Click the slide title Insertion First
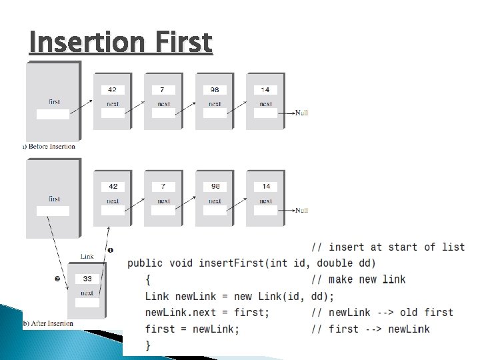(x=121, y=42)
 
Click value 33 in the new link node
(x=87, y=279)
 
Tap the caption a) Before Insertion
(x=49, y=146)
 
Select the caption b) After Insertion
(x=48, y=323)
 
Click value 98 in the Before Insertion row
(x=215, y=89)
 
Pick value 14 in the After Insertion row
(x=265, y=186)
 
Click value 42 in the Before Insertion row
(x=113, y=89)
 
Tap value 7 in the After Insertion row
(x=163, y=186)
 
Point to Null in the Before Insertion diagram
(x=301, y=113)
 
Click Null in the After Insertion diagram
(x=301, y=210)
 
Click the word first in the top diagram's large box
(x=54, y=102)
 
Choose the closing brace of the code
(x=148, y=345)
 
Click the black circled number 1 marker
(x=111, y=250)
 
